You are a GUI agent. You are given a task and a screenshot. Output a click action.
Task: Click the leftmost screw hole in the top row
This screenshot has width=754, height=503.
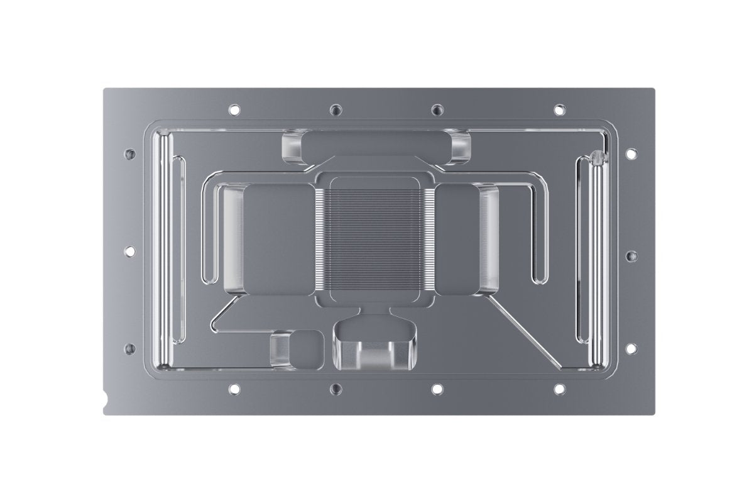click(234, 109)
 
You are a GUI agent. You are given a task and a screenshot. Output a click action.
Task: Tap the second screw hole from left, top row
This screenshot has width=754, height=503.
click(336, 110)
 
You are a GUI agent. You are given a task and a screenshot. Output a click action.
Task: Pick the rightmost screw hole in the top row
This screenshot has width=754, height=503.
click(557, 109)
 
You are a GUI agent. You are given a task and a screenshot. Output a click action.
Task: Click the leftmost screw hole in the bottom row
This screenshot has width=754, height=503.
click(234, 389)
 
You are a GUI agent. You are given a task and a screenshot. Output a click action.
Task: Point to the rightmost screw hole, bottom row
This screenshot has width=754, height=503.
click(557, 389)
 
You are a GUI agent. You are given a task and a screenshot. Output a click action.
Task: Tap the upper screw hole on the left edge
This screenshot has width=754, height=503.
click(130, 153)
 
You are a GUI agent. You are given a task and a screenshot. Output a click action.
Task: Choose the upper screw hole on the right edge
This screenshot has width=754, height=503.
click(630, 153)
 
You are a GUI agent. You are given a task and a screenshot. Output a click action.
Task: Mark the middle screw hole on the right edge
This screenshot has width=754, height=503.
click(630, 256)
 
